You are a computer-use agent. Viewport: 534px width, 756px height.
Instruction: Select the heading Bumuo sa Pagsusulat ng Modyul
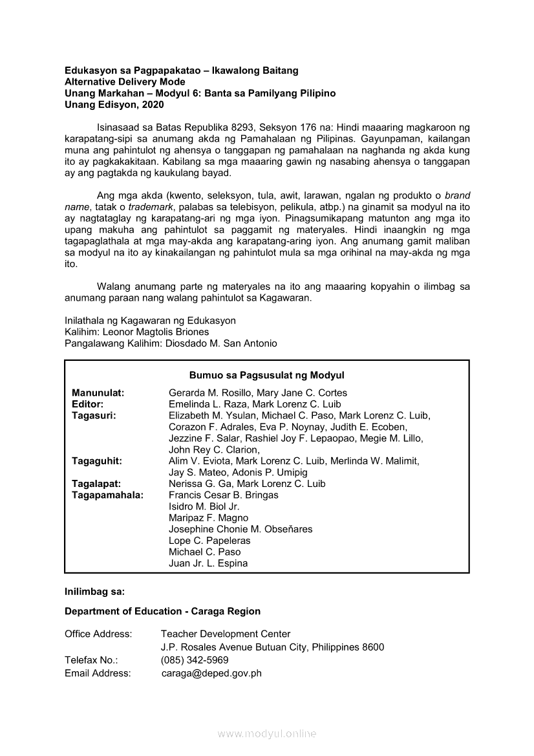pyautogui.click(x=266, y=375)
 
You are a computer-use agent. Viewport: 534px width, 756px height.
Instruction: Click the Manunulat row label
pyautogui.click(x=98, y=393)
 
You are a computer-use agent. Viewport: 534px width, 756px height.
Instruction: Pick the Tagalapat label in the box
pyautogui.click(x=96, y=484)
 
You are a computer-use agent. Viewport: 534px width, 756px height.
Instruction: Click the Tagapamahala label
pyautogui.click(x=107, y=495)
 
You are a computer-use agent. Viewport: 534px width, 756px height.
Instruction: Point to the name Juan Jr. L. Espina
pyautogui.click(x=208, y=563)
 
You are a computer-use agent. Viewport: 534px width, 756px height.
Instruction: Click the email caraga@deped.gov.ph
pyautogui.click(x=211, y=673)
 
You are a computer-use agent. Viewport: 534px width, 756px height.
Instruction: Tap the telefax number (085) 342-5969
pyautogui.click(x=195, y=660)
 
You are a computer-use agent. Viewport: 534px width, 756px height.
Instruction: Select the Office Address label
pyautogui.click(x=98, y=634)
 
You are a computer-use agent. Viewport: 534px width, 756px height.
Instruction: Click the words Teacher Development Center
pyautogui.click(x=226, y=634)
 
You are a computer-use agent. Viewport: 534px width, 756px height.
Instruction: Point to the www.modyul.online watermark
pyautogui.click(x=267, y=733)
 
